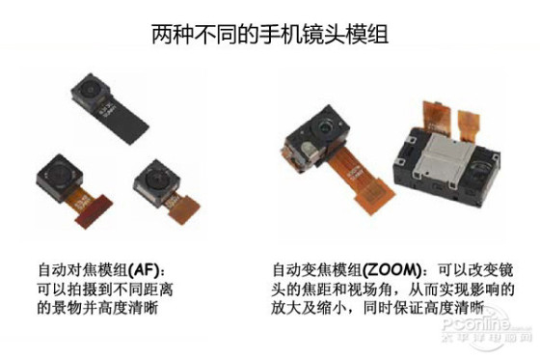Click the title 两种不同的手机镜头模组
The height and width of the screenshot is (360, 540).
270,34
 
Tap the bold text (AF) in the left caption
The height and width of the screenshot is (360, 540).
144,269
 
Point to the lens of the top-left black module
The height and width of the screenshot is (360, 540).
90,90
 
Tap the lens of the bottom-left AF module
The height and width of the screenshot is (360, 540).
59,173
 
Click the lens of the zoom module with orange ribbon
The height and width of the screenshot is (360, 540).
324,127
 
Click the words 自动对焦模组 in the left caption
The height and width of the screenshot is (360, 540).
83,269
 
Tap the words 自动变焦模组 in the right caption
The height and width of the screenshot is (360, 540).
317,269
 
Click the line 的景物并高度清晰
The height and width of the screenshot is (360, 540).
97,307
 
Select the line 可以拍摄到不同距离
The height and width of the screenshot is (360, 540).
105,289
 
